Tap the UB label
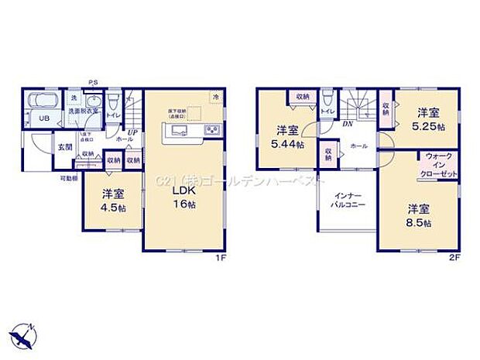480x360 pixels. point(43,118)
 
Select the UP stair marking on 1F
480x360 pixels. point(132,132)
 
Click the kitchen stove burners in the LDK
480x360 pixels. point(211,130)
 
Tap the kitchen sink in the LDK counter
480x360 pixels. point(177,130)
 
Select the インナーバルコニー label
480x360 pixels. point(345,201)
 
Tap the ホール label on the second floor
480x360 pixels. point(359,145)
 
